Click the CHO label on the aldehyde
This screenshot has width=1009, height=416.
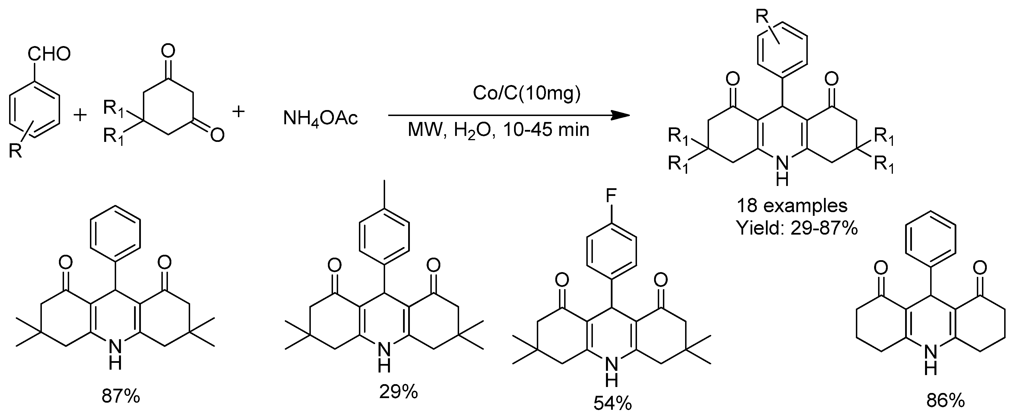tap(49, 54)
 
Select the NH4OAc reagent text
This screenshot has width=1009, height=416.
tap(320, 118)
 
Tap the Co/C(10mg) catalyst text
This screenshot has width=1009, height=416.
tap(526, 93)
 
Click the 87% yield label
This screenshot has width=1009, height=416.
tap(121, 396)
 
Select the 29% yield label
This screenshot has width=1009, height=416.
tap(398, 392)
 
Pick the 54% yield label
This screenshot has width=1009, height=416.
tap(613, 403)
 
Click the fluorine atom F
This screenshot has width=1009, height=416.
tap(611, 195)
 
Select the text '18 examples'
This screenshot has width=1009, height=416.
tap(792, 206)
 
